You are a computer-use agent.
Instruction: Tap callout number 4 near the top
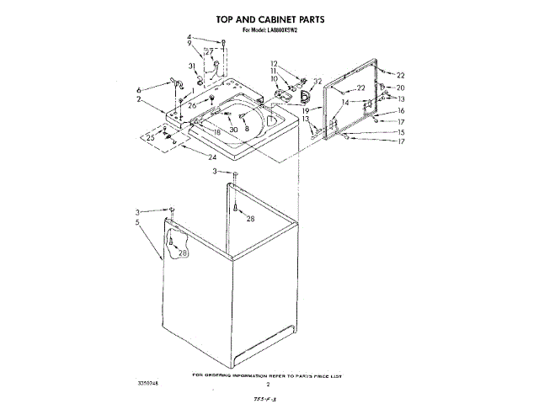[189, 37]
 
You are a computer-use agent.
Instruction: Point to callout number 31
[192, 66]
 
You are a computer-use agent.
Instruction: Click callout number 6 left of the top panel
[139, 88]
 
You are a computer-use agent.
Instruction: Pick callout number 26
[192, 105]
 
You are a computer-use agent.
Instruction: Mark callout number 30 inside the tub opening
[233, 130]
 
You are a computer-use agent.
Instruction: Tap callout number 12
[274, 63]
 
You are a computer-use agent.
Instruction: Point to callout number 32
[318, 81]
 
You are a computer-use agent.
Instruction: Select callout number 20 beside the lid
[401, 88]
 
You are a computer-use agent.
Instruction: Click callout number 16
[401, 110]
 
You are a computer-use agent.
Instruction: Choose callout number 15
[401, 132]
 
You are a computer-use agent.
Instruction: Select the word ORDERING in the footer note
[231, 374]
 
